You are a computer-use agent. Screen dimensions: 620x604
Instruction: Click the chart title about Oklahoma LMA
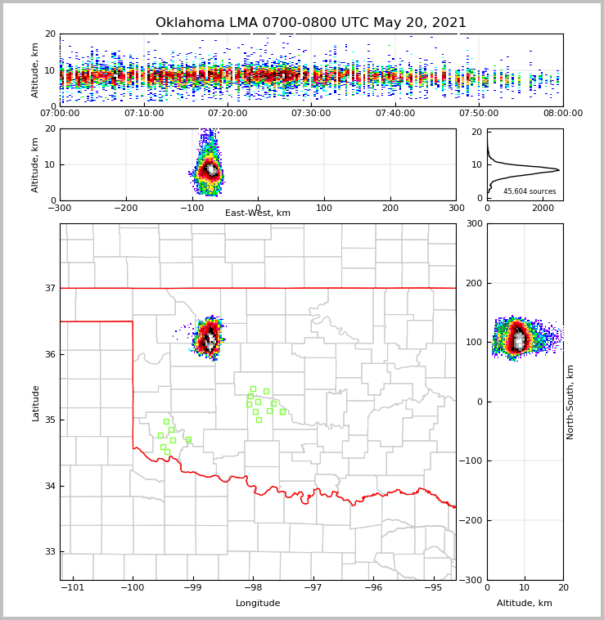tap(311, 23)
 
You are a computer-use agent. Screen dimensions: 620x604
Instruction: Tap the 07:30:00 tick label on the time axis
tap(311, 114)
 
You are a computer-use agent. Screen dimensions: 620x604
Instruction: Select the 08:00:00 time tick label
tap(562, 114)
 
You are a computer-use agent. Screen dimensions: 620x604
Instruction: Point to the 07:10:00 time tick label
tap(143, 114)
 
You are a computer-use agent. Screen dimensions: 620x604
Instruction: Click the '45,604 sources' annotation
tap(530, 191)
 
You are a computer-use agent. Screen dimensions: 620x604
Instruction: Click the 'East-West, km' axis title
tap(258, 213)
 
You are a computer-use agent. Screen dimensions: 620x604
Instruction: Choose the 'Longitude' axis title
tap(258, 604)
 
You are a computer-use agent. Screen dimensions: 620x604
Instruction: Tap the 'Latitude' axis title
tap(36, 402)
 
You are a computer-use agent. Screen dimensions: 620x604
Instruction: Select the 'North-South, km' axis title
tap(570, 402)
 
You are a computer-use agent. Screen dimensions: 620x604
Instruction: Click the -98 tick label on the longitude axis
tap(252, 588)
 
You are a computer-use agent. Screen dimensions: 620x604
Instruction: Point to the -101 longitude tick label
tap(74, 588)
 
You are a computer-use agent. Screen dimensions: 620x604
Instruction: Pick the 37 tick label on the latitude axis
tap(49, 288)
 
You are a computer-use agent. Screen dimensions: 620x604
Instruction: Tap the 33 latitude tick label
tap(49, 552)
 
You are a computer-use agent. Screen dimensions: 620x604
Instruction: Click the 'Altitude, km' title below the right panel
tap(525, 604)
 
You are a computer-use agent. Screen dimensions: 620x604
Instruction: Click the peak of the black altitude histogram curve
tap(558, 170)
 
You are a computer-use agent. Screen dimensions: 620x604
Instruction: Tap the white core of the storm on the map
tap(210, 339)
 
